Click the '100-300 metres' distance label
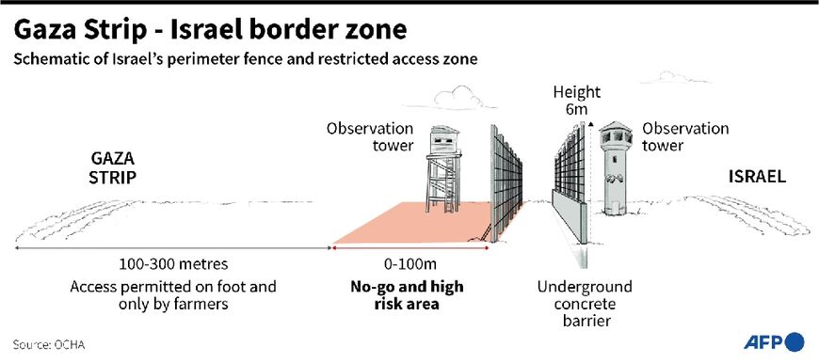point(174,264)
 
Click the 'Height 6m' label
point(576,102)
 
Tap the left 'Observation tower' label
point(357,137)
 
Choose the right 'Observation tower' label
point(684,137)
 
